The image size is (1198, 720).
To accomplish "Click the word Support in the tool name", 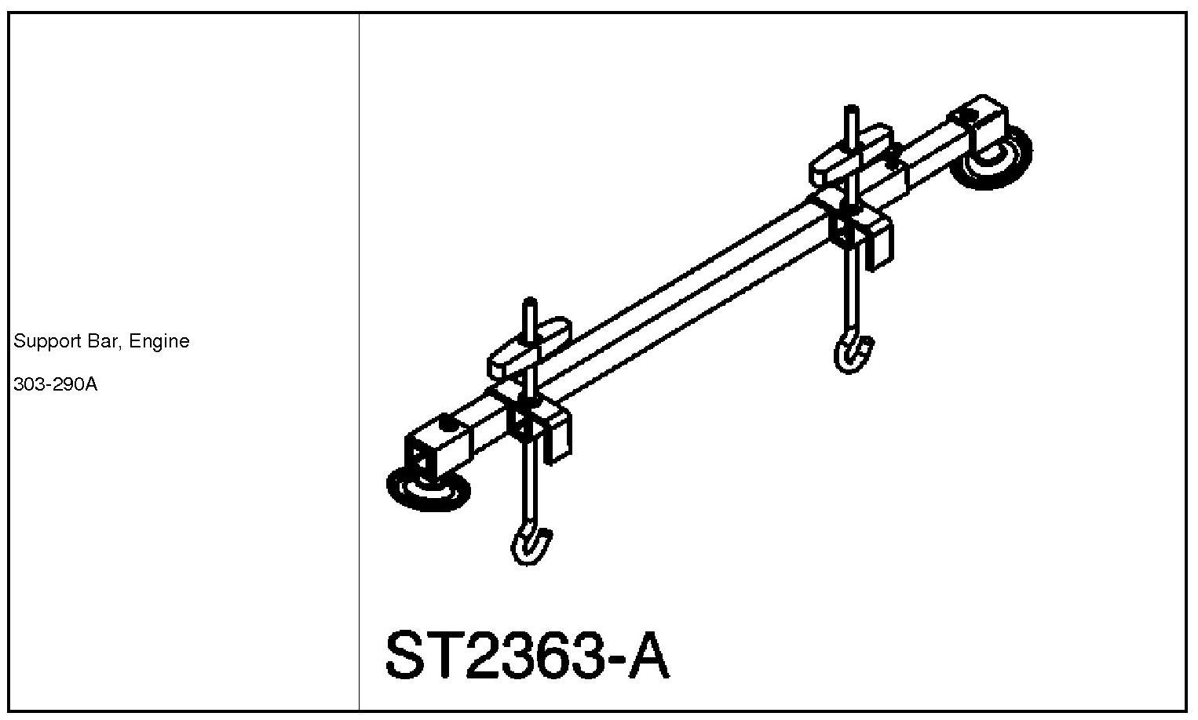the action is (x=42, y=342).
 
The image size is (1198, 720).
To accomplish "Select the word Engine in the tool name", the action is (x=160, y=342).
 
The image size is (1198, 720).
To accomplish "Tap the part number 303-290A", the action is (x=56, y=385).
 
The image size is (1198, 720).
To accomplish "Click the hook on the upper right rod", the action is (x=853, y=353).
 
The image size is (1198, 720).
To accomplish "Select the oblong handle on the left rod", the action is (x=530, y=346).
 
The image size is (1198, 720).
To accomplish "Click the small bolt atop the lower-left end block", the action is (x=447, y=422).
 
